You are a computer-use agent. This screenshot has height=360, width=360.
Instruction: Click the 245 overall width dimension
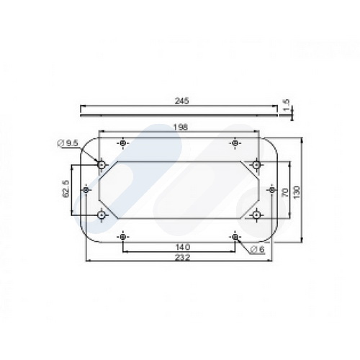click(x=182, y=101)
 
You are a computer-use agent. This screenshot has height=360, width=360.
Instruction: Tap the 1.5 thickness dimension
click(x=287, y=105)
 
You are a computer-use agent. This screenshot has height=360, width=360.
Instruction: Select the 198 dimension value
click(x=181, y=127)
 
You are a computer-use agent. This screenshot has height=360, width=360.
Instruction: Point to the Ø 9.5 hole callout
click(x=68, y=143)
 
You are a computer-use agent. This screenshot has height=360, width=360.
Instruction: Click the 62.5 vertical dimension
click(x=66, y=189)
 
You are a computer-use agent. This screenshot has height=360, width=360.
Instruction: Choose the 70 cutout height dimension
click(x=285, y=192)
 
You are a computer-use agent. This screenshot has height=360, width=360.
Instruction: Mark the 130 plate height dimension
click(x=297, y=192)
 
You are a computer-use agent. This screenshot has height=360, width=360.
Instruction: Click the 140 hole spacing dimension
click(x=183, y=247)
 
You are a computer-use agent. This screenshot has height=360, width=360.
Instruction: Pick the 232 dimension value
click(x=183, y=257)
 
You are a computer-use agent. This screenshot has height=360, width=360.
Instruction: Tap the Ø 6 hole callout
click(x=257, y=250)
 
